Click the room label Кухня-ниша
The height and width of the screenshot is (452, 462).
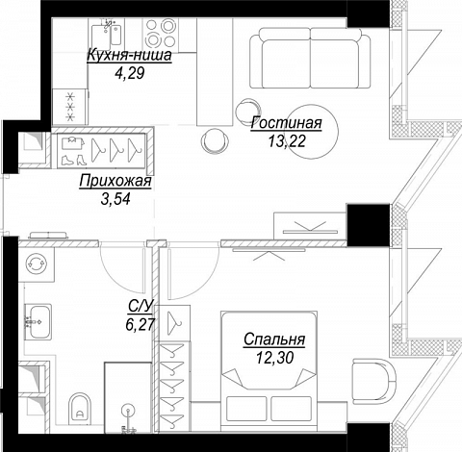coord(129,56)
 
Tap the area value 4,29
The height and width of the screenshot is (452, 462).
coord(130,73)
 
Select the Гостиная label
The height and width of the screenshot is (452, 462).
coord(286,123)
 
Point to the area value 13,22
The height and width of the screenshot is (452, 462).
coord(287,141)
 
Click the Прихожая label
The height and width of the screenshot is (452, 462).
coord(115,181)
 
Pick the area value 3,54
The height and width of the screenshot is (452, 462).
coord(115,199)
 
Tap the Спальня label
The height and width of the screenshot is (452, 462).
coord(274,339)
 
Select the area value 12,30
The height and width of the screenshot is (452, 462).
coord(274,358)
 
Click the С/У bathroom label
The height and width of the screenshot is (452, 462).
coord(140,306)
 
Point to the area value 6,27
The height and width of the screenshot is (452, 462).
coord(141,324)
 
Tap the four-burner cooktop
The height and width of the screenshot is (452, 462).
coord(160,33)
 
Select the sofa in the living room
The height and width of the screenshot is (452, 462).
coord(310,58)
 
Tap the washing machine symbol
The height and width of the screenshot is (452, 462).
coord(37,264)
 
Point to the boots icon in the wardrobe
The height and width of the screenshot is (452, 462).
coord(74,160)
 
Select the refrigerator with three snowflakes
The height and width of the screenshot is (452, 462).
coord(70,107)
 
